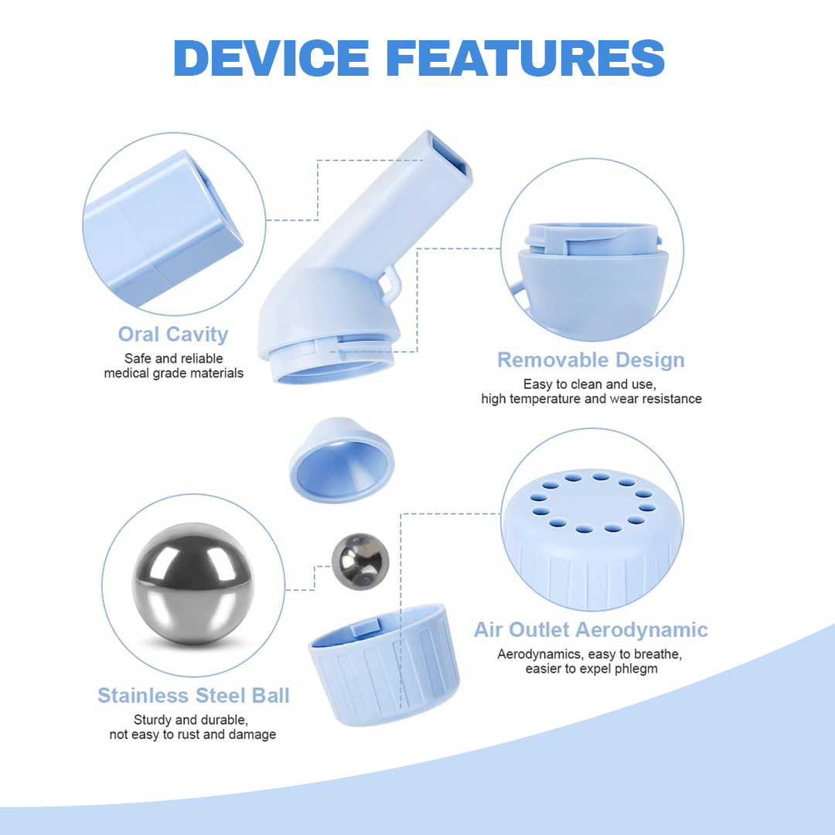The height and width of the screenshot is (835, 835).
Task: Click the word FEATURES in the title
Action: click(x=523, y=58)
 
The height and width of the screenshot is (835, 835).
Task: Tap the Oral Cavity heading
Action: click(x=173, y=335)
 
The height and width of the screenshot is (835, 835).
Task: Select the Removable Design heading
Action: click(x=591, y=360)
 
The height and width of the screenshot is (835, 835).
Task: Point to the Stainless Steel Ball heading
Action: click(x=193, y=696)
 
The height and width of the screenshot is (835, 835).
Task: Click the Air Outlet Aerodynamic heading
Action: click(x=591, y=629)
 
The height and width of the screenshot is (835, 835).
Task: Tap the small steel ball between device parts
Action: click(x=360, y=560)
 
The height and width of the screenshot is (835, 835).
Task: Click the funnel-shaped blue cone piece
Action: click(x=342, y=462)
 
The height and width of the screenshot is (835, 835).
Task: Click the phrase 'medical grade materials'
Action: click(x=173, y=373)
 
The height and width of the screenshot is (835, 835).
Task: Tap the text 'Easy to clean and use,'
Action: click(x=591, y=384)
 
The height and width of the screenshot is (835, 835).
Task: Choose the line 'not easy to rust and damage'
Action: click(x=193, y=734)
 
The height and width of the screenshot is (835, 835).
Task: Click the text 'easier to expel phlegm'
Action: click(x=591, y=669)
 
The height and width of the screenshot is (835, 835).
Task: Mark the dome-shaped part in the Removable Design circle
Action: click(x=592, y=282)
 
